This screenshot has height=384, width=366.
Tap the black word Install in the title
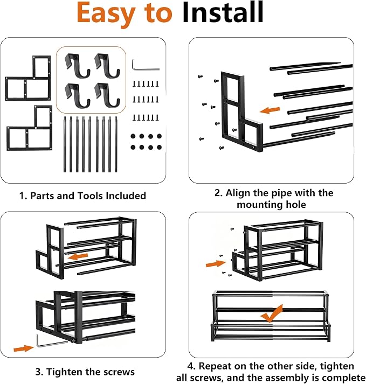pos(223,12)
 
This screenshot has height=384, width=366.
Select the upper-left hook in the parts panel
pos(77,65)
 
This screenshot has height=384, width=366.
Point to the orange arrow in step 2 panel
pos(270,110)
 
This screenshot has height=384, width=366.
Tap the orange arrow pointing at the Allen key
pos(24,348)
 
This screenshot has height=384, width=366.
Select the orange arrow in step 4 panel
pos(216,264)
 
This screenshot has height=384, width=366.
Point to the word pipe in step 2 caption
pos(281,193)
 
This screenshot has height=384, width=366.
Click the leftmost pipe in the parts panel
pos(65,144)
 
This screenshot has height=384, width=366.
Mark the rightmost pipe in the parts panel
pos(116,144)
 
